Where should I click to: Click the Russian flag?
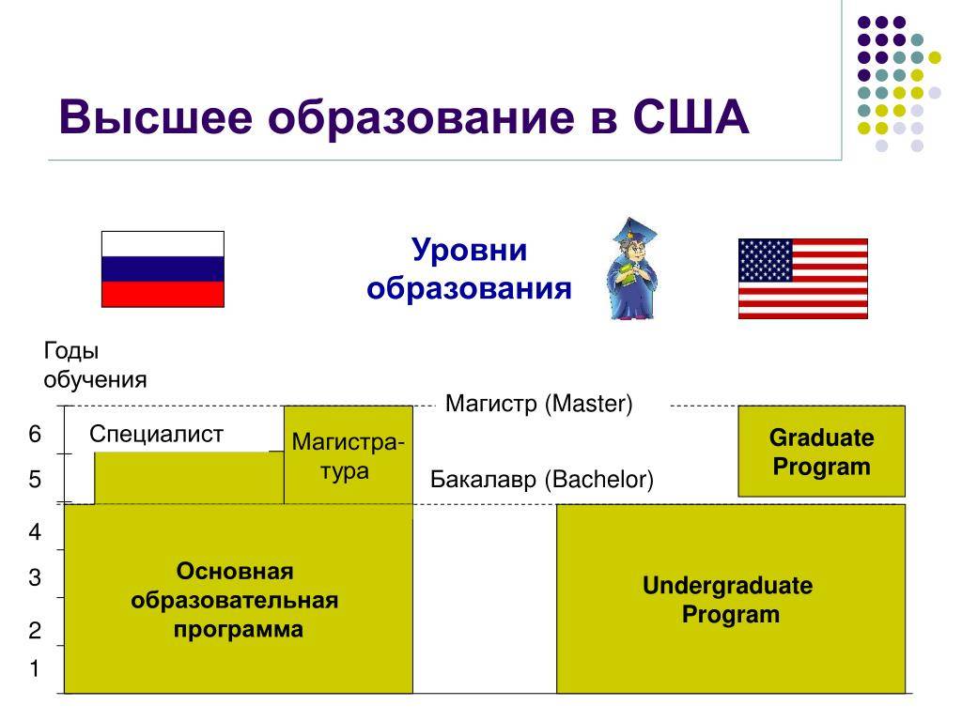click(163, 269)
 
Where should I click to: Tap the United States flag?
click(803, 278)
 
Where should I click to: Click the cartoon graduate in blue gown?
click(632, 268)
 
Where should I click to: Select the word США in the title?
click(690, 116)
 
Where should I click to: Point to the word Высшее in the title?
click(155, 116)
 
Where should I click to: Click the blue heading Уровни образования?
click(470, 268)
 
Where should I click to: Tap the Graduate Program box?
click(821, 452)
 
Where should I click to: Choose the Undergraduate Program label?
click(728, 600)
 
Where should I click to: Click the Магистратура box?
click(349, 455)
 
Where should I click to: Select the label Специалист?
click(157, 434)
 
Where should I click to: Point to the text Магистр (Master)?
click(538, 404)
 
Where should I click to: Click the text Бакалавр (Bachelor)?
click(542, 480)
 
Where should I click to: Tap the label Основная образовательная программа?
click(235, 600)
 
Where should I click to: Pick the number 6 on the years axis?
click(35, 434)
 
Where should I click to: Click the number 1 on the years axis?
click(35, 668)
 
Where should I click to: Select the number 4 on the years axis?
click(35, 531)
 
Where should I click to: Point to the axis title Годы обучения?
click(95, 365)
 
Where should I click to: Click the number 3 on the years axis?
click(35, 577)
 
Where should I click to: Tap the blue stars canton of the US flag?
click(765, 261)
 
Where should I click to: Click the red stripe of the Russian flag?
click(163, 294)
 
